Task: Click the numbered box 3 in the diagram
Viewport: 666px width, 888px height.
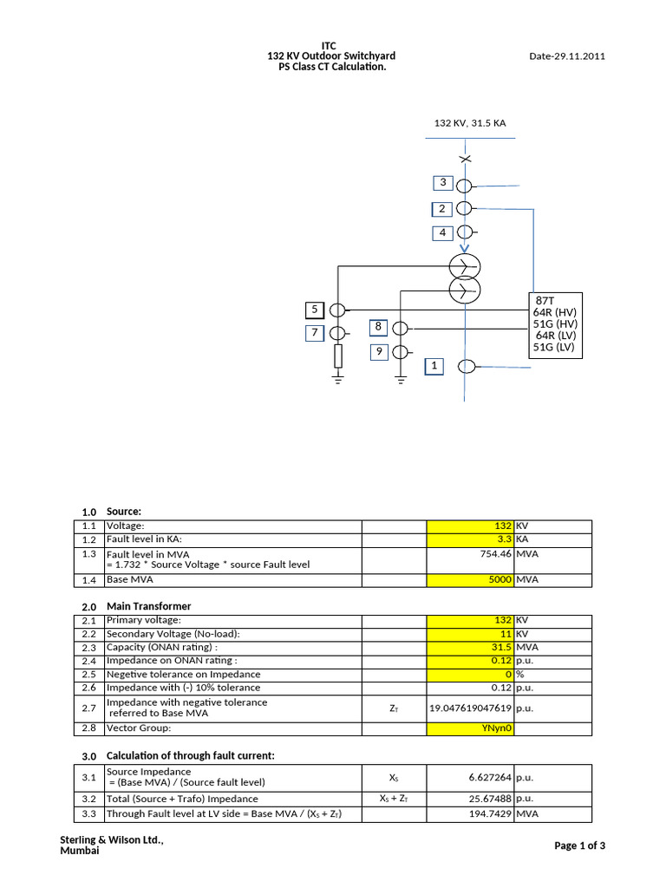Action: (x=443, y=183)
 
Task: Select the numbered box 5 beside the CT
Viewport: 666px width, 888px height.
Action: (x=314, y=310)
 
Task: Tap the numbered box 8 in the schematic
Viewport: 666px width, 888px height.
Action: (x=378, y=327)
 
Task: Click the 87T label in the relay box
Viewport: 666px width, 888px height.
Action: (x=545, y=300)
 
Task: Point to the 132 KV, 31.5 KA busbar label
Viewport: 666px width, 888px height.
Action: (x=469, y=123)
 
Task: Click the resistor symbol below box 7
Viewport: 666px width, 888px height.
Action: (x=338, y=356)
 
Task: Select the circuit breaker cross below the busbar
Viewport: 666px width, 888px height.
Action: (x=466, y=159)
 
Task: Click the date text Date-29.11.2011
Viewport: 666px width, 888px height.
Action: (x=566, y=56)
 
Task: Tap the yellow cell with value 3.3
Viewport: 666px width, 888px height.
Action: (x=470, y=539)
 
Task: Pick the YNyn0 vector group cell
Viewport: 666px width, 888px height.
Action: (x=470, y=728)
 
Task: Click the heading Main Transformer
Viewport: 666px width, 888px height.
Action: (x=148, y=606)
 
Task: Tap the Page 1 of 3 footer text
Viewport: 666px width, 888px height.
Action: (x=579, y=846)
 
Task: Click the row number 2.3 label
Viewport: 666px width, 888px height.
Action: (x=88, y=648)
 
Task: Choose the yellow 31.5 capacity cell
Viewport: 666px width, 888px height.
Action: (x=470, y=648)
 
